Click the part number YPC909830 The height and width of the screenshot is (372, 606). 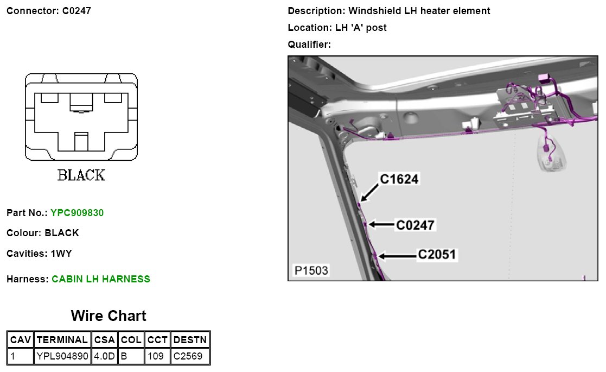[77, 213]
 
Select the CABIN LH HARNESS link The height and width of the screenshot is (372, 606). [101, 279]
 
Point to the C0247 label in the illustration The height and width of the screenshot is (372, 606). [415, 224]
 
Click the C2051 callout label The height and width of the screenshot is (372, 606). [437, 254]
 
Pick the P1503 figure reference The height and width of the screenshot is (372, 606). [311, 270]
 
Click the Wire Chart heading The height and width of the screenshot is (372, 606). [109, 316]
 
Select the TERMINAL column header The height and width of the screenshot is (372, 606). [62, 340]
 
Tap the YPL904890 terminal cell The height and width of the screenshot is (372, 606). [62, 356]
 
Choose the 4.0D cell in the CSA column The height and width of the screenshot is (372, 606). [104, 356]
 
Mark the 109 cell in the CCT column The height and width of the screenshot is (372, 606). [156, 356]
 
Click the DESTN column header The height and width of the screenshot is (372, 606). [190, 340]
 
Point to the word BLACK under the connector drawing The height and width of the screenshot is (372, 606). [81, 175]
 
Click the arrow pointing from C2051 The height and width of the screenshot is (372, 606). [397, 255]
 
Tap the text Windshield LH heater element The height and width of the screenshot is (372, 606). [419, 11]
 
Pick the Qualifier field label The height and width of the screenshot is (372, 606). [309, 45]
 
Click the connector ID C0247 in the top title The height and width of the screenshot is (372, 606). [73, 11]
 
